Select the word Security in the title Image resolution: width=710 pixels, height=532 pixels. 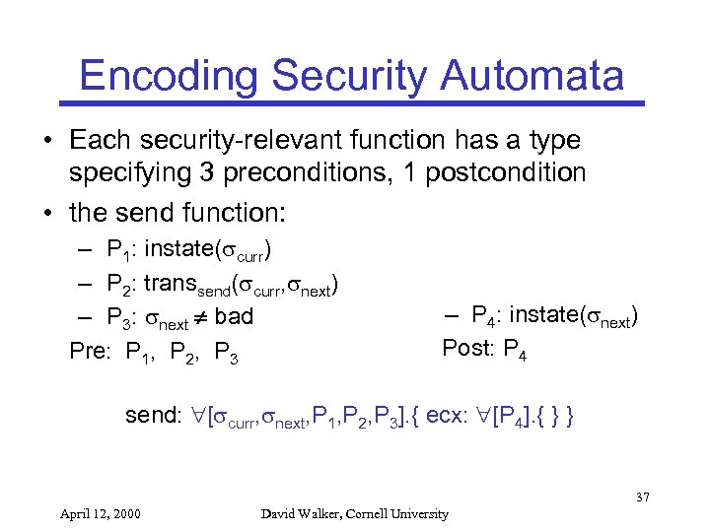(x=351, y=76)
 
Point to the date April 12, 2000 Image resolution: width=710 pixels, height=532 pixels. (x=99, y=513)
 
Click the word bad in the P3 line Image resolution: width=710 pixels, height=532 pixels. (x=233, y=316)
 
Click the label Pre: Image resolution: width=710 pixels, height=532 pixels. (x=92, y=349)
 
